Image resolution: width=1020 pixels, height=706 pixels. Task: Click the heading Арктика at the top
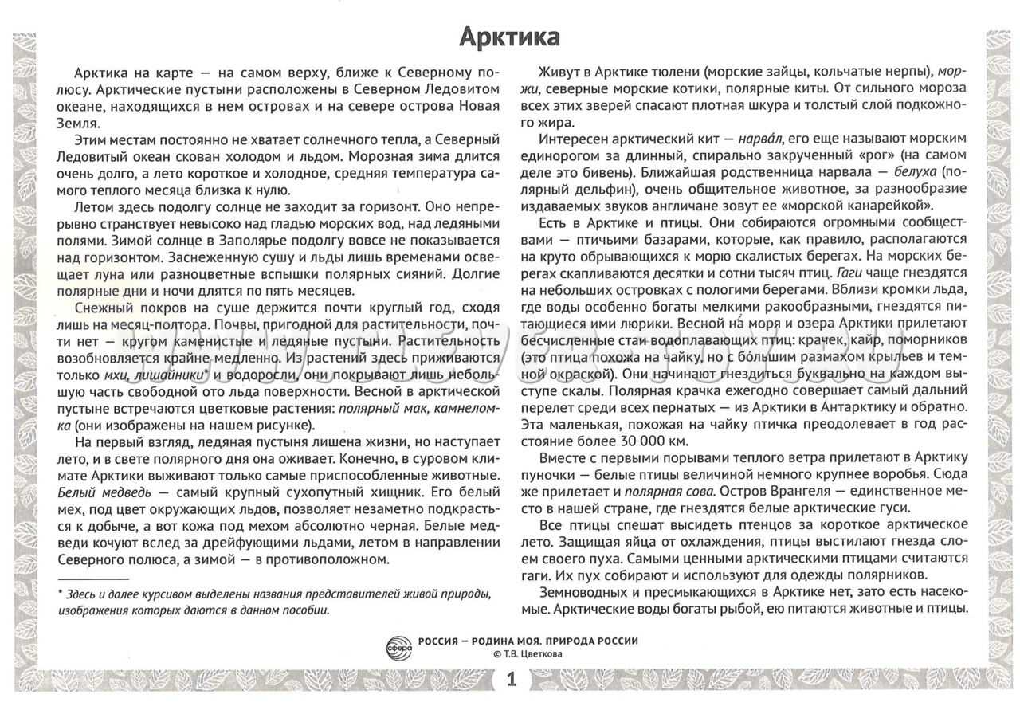(x=510, y=37)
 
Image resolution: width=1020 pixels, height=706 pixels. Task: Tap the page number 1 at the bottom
(x=511, y=681)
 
